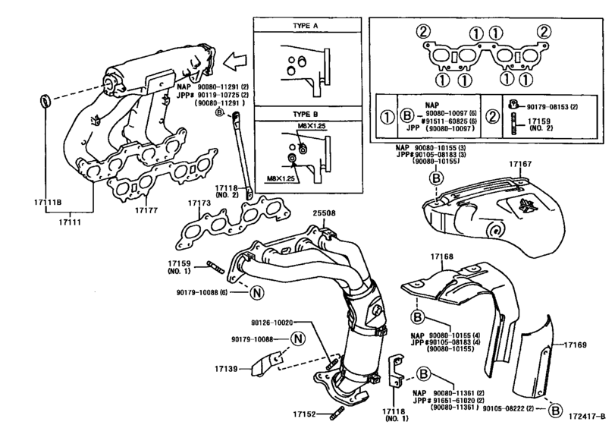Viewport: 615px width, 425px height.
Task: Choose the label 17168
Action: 443,257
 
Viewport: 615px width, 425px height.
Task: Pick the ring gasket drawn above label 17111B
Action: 45,99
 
